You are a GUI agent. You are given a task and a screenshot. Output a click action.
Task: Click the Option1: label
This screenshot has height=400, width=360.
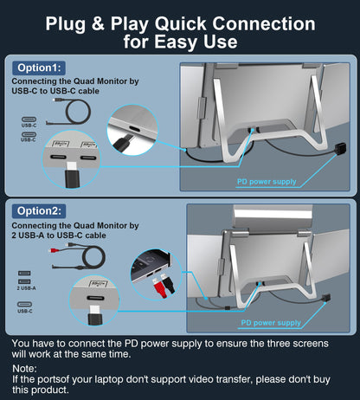point(40,68)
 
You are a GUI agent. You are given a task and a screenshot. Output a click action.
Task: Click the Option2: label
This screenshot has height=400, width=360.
point(40,210)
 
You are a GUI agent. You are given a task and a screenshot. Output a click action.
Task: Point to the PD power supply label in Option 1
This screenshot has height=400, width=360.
point(267,182)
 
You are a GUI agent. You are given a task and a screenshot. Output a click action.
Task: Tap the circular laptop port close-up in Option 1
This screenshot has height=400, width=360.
point(132,134)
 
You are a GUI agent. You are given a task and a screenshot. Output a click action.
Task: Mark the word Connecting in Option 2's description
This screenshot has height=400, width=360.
point(40,225)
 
